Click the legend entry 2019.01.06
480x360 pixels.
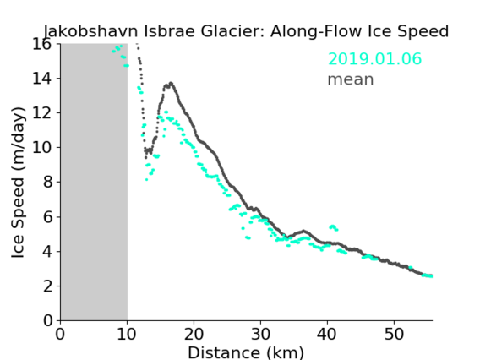point(374,59)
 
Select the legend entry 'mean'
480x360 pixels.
point(351,79)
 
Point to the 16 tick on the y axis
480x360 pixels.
point(41,45)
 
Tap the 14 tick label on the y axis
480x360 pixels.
point(41,79)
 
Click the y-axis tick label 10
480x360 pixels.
point(41,148)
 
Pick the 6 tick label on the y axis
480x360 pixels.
point(47,217)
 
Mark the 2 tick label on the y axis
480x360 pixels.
point(47,286)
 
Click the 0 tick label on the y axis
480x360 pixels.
point(47,321)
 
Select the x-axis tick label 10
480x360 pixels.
point(127,334)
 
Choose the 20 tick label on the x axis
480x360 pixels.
point(194,334)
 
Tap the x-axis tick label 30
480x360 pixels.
point(260,334)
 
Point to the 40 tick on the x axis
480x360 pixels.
point(327,334)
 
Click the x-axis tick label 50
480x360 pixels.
point(394,334)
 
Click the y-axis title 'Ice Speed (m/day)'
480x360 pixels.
point(18,183)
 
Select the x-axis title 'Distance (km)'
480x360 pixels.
point(246,352)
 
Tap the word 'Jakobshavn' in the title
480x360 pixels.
point(91,31)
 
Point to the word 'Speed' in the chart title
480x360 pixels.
point(423,31)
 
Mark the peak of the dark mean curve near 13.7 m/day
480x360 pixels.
point(171,83)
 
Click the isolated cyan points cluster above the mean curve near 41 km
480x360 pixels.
point(333,227)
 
